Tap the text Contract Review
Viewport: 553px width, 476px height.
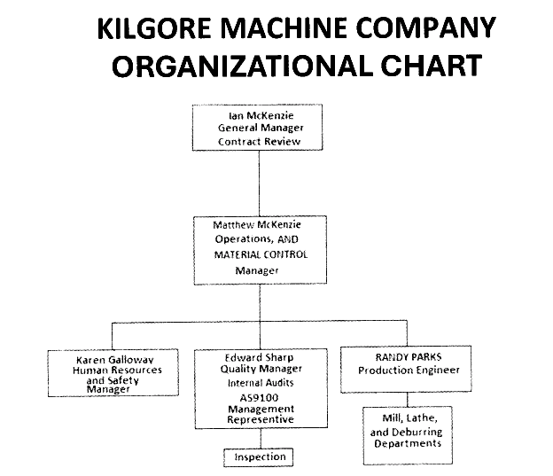(259, 141)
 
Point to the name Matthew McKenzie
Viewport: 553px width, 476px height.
(257, 225)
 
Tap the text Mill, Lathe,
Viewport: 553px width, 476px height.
(409, 417)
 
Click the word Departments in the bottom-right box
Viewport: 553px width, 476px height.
(409, 443)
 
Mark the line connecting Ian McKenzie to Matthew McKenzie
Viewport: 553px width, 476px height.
(259, 183)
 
